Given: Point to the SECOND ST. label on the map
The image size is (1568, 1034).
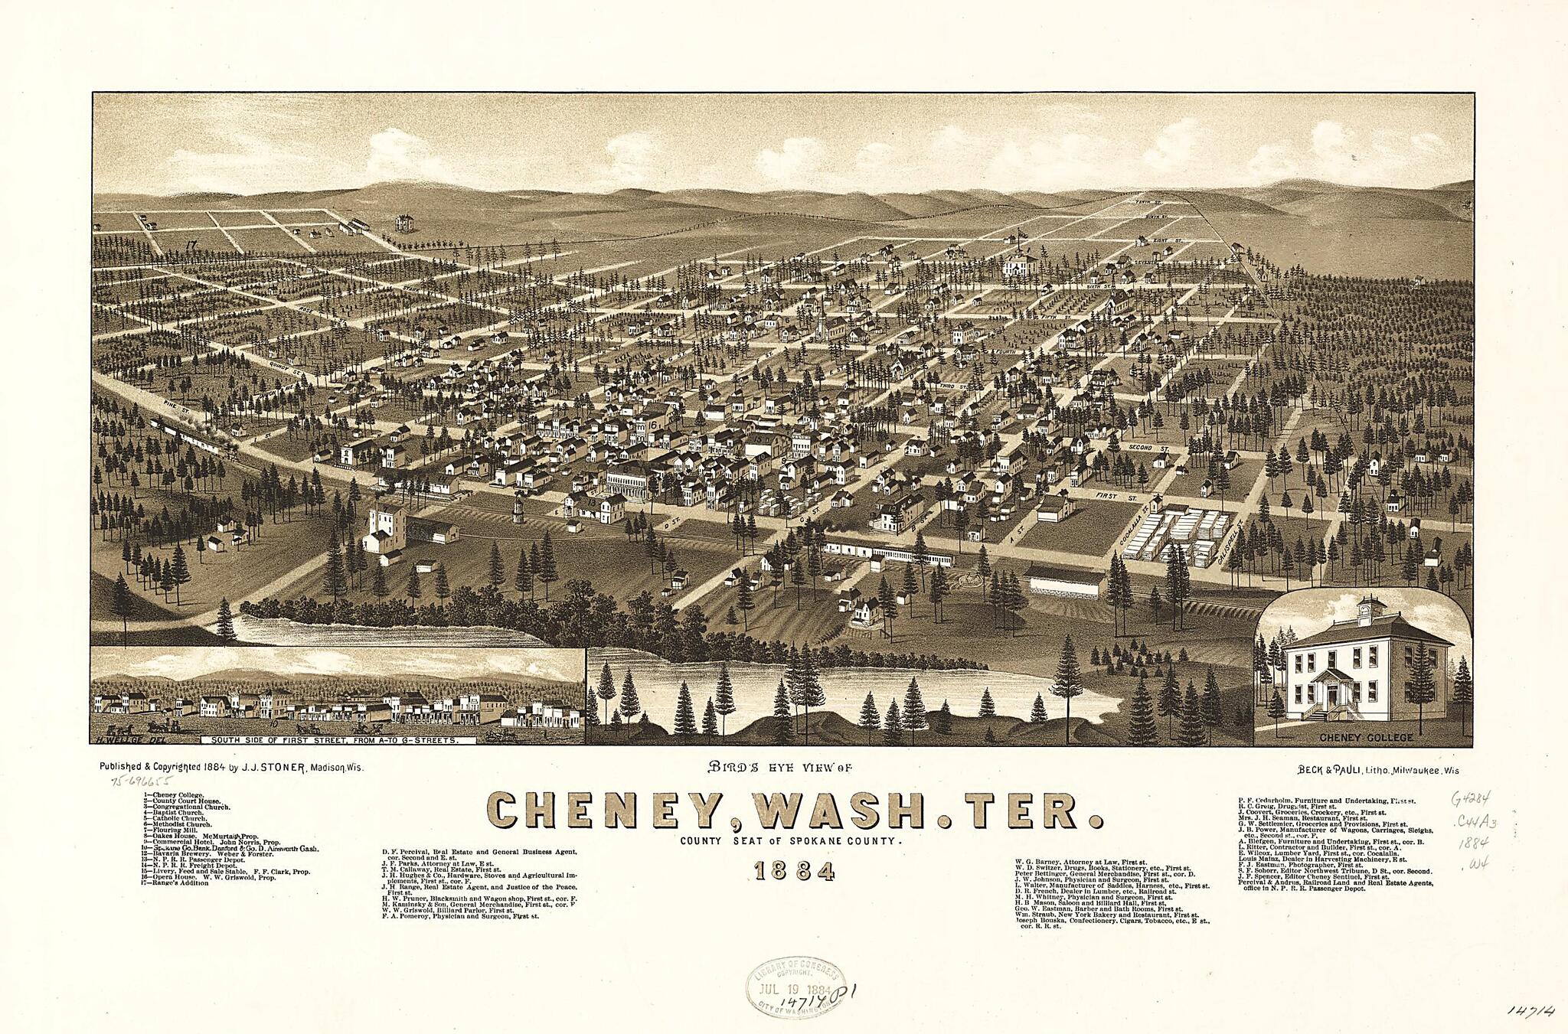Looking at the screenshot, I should click(x=1145, y=445).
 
